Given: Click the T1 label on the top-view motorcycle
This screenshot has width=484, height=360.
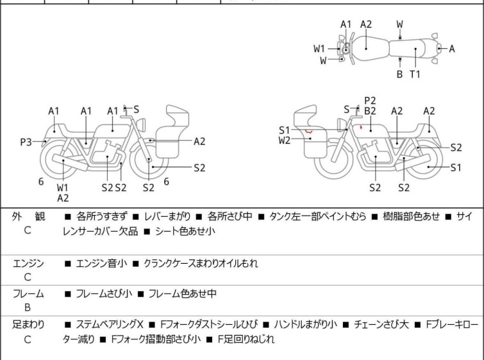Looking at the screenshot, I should pos(415,74).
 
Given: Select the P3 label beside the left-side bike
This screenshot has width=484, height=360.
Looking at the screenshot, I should pos(26,142).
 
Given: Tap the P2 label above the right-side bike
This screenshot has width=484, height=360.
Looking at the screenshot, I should pos(370,100).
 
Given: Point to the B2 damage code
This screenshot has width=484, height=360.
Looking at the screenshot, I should pos(370,111).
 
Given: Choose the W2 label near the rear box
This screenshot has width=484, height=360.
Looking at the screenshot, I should pos(285,140).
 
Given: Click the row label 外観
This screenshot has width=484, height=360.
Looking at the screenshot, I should pos(28,217).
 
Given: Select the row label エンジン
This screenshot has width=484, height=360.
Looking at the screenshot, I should pos(28,263).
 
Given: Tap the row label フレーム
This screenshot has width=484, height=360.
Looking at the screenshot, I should pos(28,294).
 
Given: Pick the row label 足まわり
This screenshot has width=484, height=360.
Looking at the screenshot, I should pos(28,325).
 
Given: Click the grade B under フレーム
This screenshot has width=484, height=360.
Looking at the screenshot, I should pos(28,307).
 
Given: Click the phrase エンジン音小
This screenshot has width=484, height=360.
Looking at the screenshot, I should pos(101,263).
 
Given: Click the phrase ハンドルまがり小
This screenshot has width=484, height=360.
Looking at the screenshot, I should pos(305,325).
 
